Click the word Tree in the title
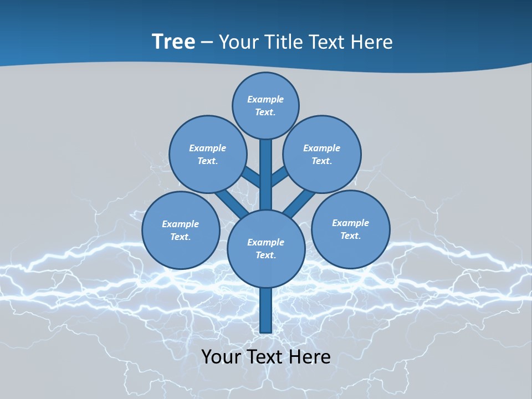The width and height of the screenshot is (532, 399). [x=173, y=42]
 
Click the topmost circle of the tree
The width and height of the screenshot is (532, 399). [x=265, y=105]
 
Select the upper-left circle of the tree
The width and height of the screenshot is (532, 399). [x=207, y=154]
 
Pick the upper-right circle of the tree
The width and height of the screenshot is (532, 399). [x=322, y=154]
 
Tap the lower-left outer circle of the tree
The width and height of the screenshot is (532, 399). [x=181, y=230]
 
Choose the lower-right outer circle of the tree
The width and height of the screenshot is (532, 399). [x=351, y=229]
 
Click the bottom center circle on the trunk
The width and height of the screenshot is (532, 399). [x=266, y=249]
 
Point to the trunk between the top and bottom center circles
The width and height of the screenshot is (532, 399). [x=266, y=175]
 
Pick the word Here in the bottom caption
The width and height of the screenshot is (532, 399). [x=310, y=357]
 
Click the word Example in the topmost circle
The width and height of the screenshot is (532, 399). [x=265, y=99]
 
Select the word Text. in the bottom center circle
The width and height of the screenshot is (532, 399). [x=265, y=255]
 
